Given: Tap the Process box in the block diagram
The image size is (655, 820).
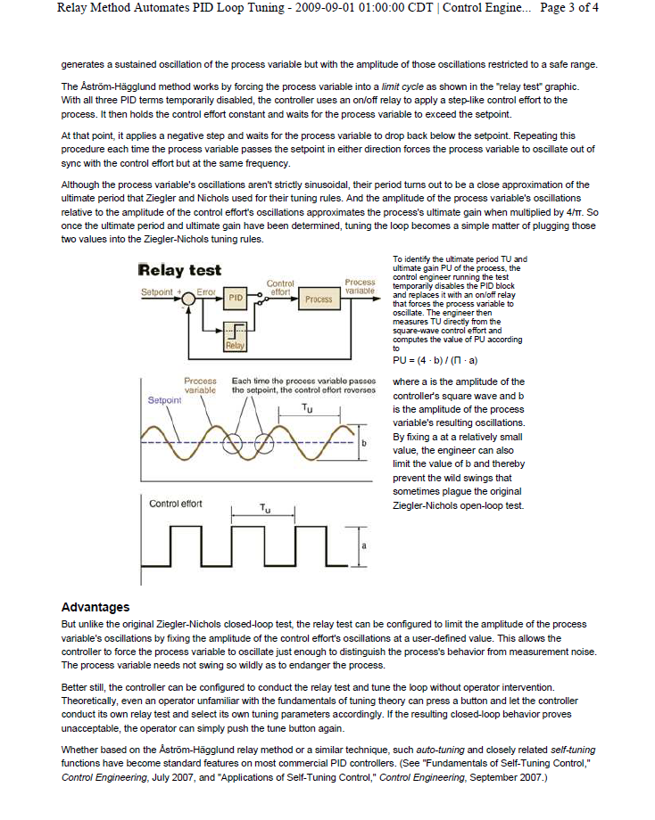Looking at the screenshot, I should (318, 299).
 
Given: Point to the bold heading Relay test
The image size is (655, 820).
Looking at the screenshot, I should (180, 270).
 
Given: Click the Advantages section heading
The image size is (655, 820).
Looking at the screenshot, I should (95, 607).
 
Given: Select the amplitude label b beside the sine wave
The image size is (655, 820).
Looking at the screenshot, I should (364, 443).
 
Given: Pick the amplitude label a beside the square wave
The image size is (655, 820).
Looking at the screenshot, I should (364, 545).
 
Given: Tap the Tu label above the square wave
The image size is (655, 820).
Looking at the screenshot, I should (265, 508).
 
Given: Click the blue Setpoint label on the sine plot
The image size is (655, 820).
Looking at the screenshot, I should (164, 400).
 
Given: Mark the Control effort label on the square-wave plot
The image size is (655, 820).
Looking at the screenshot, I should (176, 504).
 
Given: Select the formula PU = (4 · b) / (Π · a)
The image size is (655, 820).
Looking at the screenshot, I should (435, 360).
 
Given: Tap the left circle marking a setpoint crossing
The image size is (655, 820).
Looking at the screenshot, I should (236, 443).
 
